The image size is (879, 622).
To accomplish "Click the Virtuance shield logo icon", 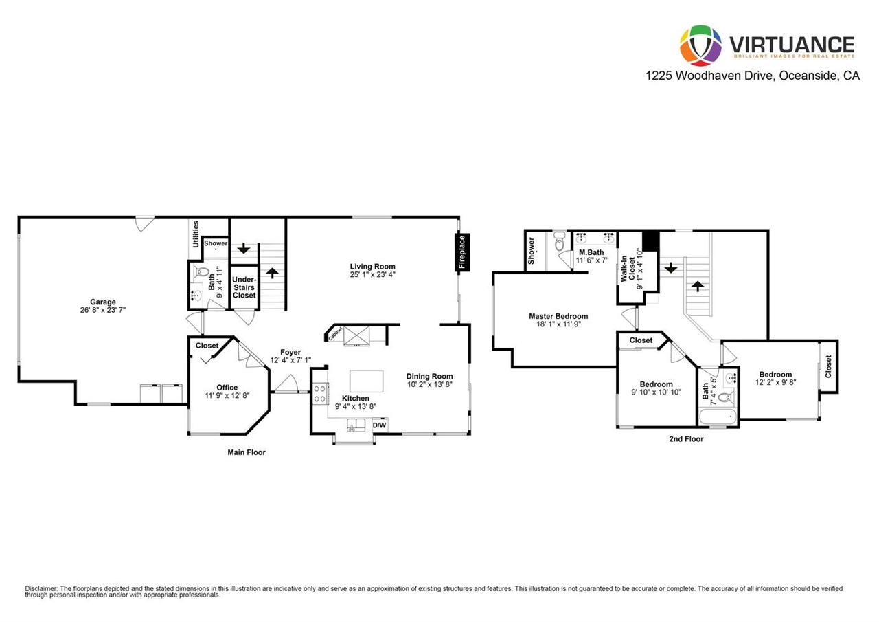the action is pos(700,45).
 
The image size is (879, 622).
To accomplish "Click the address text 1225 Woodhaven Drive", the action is pos(710,76).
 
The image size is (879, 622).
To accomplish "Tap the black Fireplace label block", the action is pos(462,252).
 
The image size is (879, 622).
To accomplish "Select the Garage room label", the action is pos(103,302).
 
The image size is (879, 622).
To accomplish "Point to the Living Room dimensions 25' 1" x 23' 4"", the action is pos(372,274).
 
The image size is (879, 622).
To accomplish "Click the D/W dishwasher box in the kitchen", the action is pos(379,425).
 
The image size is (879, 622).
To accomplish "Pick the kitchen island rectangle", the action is pos(367,381).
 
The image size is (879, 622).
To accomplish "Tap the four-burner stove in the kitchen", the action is pos(320,393).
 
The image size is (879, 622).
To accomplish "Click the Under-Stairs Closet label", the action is pos(244,287).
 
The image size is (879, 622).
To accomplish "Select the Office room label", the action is pos(227,388).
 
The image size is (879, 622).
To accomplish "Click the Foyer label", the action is pos(290,352).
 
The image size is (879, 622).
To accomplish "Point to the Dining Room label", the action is pos(429,376).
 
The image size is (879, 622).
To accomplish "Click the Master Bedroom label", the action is pos(558,316).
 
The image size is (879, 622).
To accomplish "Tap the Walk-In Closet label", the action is pos(628,269).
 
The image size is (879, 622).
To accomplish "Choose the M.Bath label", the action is pos(591,252).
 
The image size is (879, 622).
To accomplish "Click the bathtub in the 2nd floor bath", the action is pos(718,417).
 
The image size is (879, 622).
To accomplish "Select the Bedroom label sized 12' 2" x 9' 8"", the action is pos(775,374).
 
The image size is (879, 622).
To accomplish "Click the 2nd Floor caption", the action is pos(686,439).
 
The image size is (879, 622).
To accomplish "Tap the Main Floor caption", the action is pos(247,452).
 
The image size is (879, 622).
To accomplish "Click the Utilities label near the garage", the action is pos(196,234).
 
